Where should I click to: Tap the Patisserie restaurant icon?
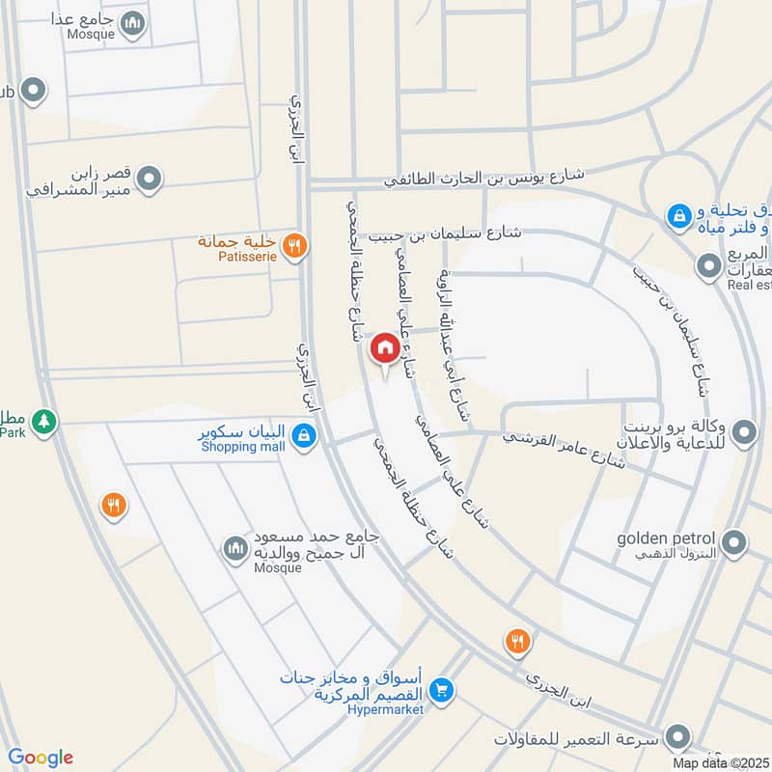[x=296, y=245]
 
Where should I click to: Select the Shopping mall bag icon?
[x=304, y=437]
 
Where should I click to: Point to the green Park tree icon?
[x=42, y=421]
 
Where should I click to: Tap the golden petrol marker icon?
[x=734, y=543]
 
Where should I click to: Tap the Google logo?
[x=40, y=758]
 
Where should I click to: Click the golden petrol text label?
[x=673, y=538]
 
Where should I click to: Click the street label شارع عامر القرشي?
[x=564, y=449]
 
